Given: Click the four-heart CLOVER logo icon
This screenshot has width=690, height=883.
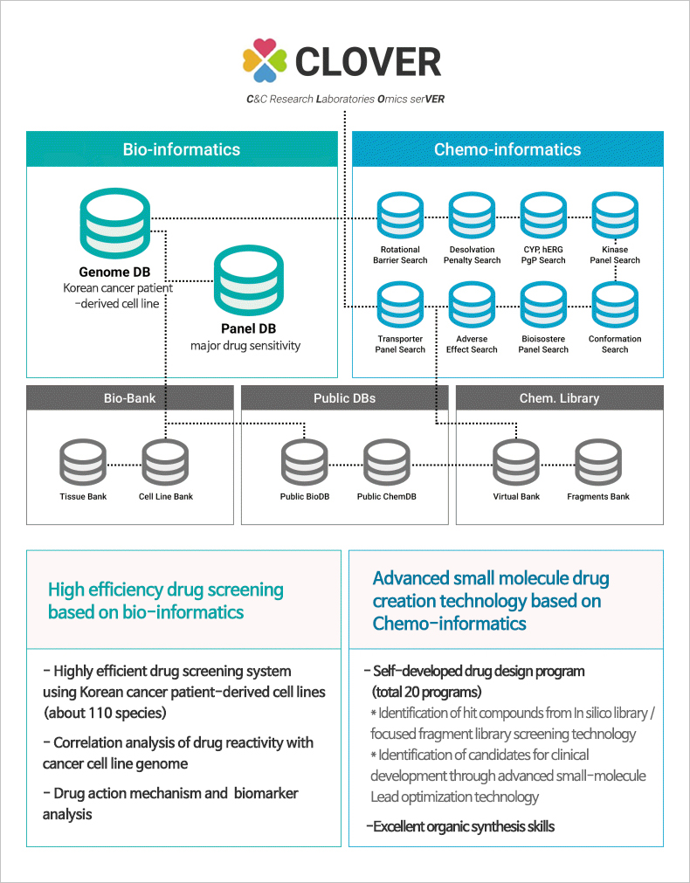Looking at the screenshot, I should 265,60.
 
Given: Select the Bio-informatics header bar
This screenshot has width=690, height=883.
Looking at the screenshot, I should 182,149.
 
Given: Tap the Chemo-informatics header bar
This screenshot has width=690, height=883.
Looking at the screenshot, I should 507,149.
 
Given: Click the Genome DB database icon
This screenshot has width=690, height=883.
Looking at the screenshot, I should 114,224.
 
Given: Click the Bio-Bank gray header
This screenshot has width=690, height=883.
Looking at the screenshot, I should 129,398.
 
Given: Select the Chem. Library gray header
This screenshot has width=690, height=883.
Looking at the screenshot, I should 559,398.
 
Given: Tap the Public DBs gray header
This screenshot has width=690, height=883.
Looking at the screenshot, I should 344,398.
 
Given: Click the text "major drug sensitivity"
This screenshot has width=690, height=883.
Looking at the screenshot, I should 245,346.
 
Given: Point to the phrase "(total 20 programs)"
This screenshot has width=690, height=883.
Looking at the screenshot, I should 425,693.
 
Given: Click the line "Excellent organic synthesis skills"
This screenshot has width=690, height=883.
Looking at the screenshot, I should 460,826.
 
